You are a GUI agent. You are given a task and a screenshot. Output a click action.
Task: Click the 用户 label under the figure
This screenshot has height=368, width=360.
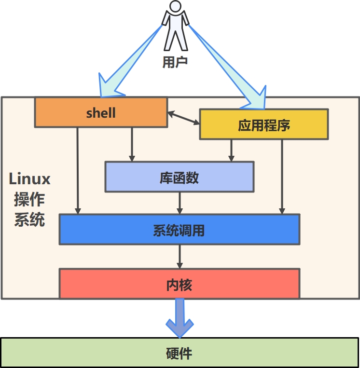point(175,62)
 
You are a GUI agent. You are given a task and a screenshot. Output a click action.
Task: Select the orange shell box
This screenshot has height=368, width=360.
point(101,113)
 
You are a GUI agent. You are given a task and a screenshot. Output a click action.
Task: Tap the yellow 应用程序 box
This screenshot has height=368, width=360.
point(264,125)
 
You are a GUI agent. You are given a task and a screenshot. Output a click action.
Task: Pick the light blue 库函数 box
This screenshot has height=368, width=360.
point(179,177)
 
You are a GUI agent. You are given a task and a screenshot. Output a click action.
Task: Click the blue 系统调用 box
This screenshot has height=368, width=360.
point(179,230)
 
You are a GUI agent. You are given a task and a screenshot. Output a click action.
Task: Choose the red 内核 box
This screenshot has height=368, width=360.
point(179,284)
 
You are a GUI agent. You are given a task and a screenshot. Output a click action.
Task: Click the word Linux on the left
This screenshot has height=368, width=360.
point(29,179)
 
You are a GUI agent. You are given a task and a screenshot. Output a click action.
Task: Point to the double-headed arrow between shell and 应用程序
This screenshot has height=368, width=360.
point(183,118)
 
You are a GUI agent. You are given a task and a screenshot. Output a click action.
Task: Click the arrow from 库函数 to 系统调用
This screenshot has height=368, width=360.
point(180,203)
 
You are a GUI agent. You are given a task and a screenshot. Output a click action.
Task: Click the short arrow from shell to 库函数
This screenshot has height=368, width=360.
point(132,145)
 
